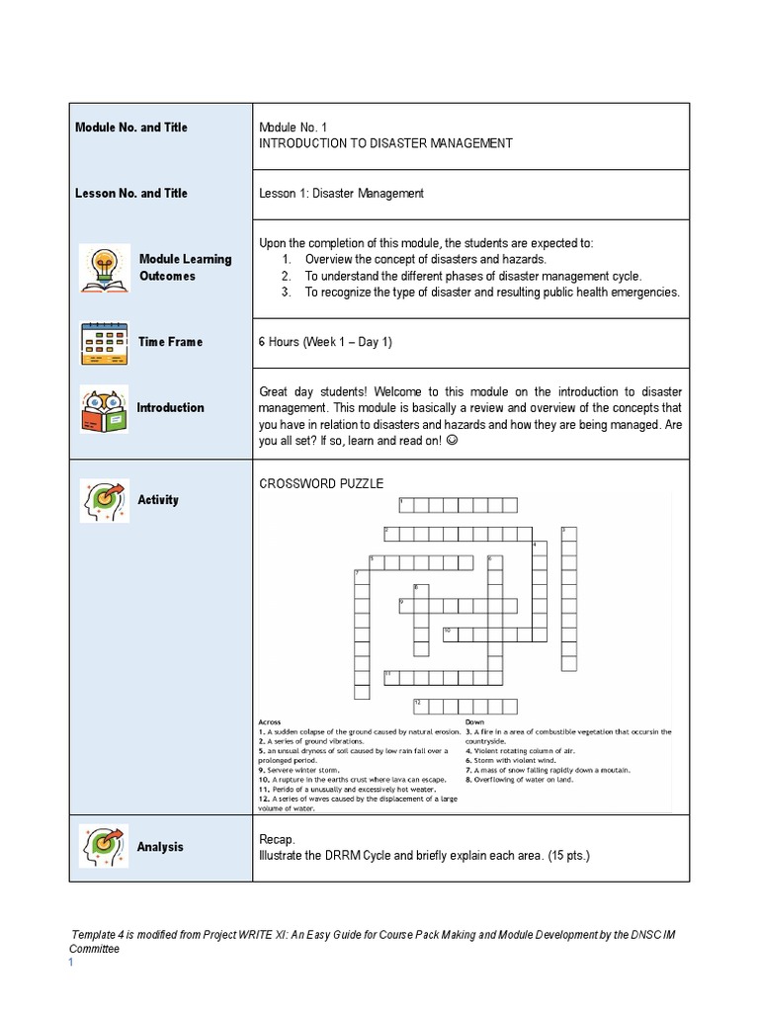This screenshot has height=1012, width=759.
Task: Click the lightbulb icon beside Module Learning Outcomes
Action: pos(102,268)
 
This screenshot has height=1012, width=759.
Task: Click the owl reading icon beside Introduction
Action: pos(102,408)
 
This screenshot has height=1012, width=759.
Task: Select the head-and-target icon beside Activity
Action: pos(102,500)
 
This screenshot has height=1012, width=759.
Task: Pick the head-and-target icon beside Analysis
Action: pos(102,847)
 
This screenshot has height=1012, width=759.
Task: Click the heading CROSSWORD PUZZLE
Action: pos(320,483)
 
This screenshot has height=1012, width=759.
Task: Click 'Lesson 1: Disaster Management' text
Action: pos(341,194)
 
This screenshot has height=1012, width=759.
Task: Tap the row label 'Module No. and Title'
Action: pos(130,127)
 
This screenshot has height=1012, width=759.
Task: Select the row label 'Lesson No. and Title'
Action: pos(130,194)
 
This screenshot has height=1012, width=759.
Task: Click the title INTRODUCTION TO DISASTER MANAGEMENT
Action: pos(385,143)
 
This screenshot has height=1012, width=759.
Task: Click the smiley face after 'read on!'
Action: pos(453,441)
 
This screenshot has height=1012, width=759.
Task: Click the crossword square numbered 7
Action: pos(362,577)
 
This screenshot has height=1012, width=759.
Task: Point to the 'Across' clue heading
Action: pos(269,721)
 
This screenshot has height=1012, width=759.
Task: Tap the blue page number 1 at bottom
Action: pos(71,964)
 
